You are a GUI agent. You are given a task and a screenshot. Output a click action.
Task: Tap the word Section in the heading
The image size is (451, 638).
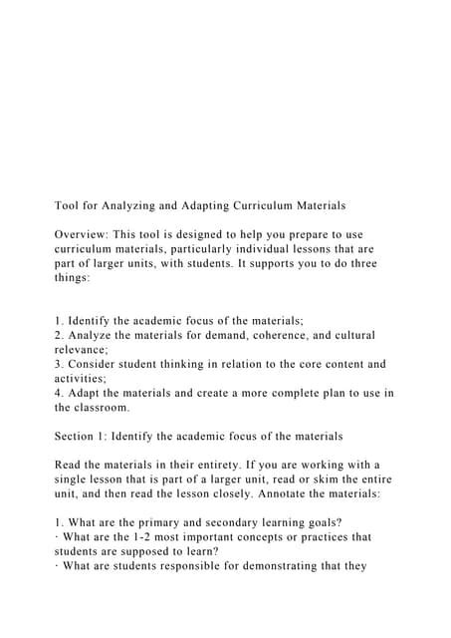[77, 436]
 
